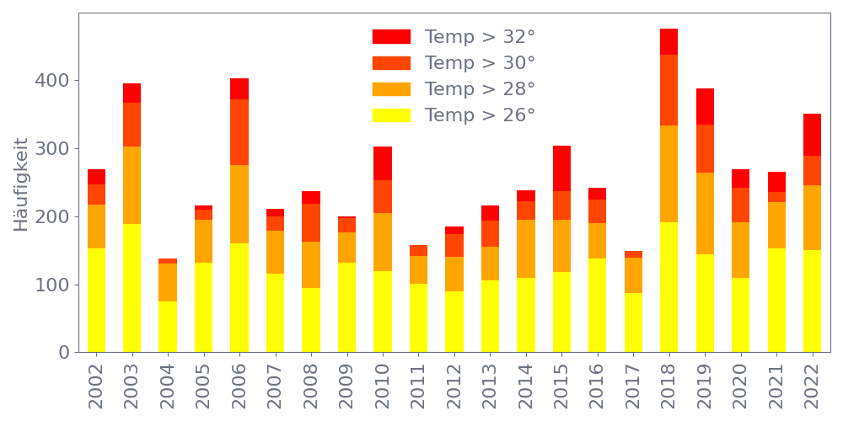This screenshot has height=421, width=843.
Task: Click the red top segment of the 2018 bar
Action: [x=668, y=42]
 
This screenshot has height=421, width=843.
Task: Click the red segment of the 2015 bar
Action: [x=561, y=168]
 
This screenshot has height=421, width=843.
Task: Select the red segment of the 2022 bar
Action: [x=812, y=135]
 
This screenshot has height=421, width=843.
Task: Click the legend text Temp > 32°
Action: [x=480, y=37]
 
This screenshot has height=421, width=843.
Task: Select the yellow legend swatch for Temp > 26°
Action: [x=391, y=115]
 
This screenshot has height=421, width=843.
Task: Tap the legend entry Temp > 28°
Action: [x=480, y=89]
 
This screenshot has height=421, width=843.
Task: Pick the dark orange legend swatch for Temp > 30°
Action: [x=391, y=63]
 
